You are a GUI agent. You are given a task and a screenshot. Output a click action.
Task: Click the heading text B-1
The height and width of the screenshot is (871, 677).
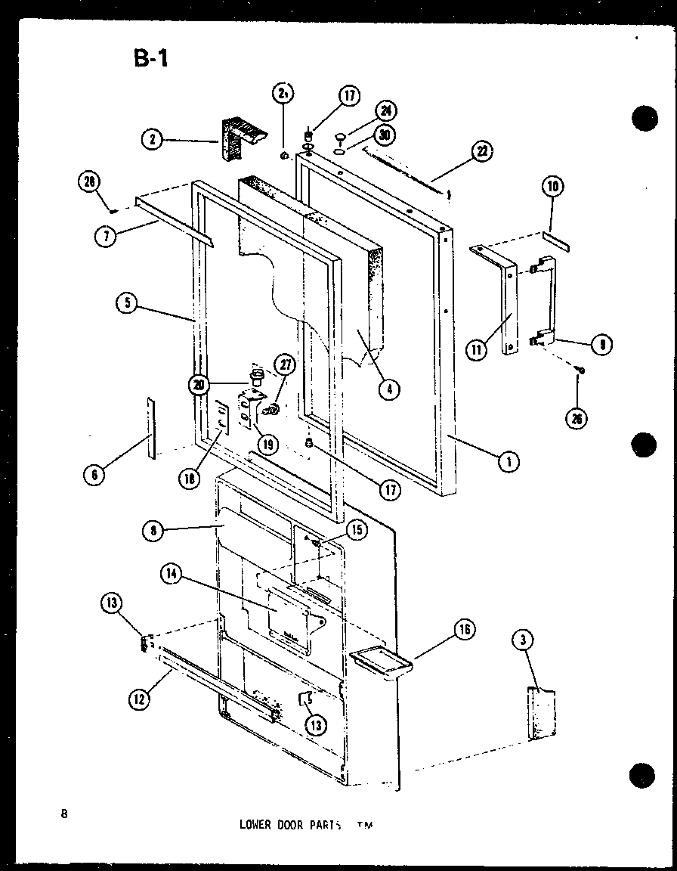[x=150, y=59]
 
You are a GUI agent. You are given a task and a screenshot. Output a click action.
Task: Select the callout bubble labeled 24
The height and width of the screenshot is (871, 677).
[x=386, y=112]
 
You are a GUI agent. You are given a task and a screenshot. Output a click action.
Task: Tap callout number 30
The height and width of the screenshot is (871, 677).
[x=386, y=136]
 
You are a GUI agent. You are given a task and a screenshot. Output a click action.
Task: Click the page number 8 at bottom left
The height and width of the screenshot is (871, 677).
[x=66, y=814]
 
